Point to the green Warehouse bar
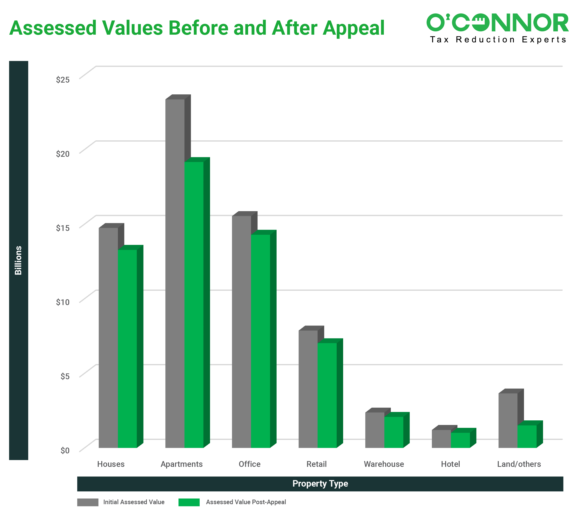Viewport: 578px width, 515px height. click(394, 432)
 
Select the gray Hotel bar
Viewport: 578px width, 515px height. click(441, 439)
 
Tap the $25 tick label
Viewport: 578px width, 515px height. click(63, 80)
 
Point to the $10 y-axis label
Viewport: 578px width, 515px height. click(63, 302)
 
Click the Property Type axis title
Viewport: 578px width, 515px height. click(320, 484)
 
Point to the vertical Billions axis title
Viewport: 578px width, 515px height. click(18, 260)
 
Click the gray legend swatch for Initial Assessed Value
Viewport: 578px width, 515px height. click(88, 502)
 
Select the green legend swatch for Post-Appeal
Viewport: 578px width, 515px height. click(189, 502)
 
